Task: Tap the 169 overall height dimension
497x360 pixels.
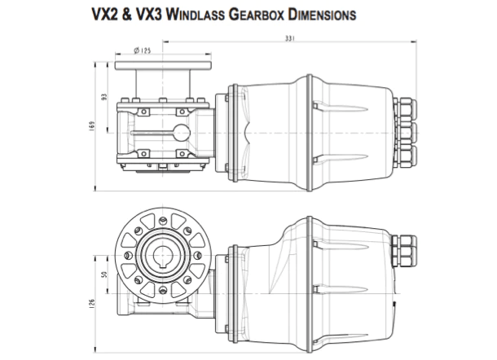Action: coord(95,125)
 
